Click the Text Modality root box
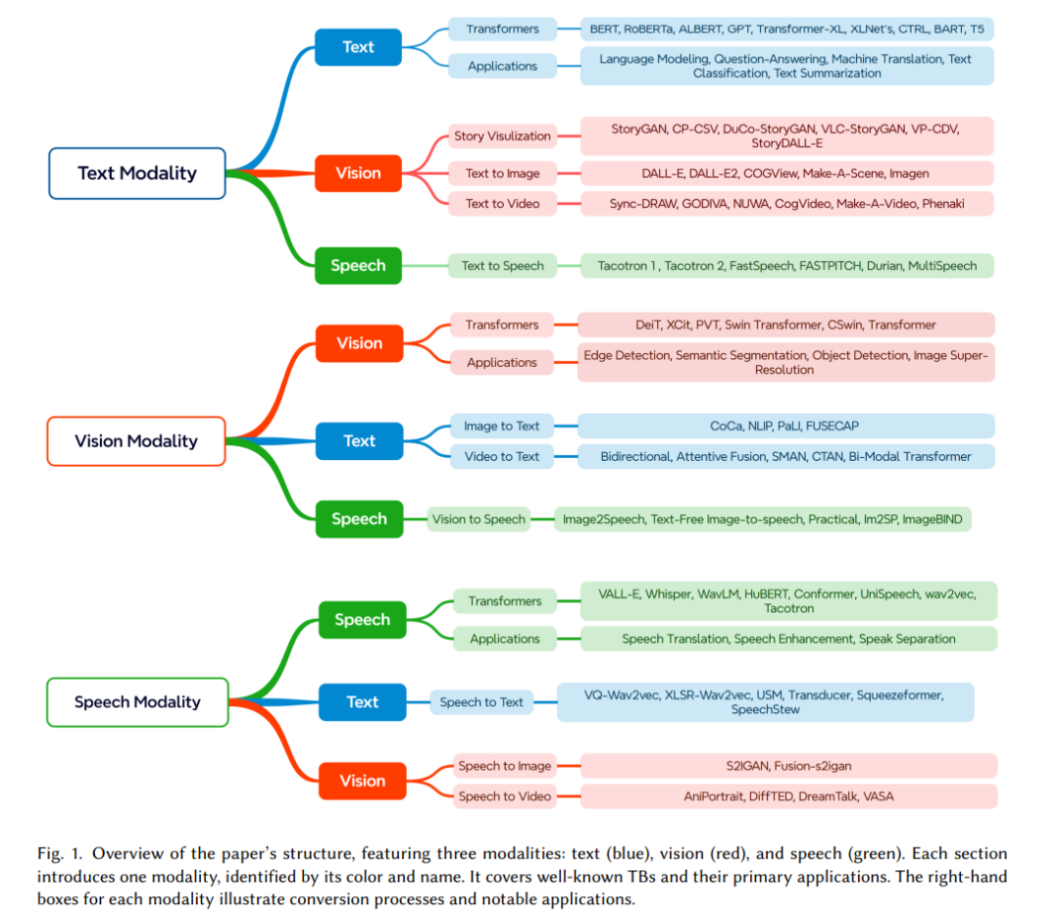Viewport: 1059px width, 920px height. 137,174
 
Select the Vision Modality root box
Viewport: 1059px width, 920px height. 136,441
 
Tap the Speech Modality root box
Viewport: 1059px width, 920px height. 138,702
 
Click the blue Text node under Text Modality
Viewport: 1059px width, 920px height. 358,47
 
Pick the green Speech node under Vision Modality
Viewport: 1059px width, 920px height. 359,519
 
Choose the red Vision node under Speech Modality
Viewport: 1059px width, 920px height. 363,781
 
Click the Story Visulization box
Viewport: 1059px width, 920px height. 502,135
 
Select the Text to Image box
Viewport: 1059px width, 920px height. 502,174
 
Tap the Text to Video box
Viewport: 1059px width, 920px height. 502,204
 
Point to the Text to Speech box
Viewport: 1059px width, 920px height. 502,266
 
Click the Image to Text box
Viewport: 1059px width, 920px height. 501,427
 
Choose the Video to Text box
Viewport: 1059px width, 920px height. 501,457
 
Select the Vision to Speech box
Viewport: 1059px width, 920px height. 479,520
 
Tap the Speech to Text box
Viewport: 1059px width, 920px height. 481,702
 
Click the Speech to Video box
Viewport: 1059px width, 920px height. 505,796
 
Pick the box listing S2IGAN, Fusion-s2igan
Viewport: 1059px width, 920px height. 788,766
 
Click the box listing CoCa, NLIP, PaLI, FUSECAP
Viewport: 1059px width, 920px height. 785,427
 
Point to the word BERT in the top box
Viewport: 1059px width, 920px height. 604,29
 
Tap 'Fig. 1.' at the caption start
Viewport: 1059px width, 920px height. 60,854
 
